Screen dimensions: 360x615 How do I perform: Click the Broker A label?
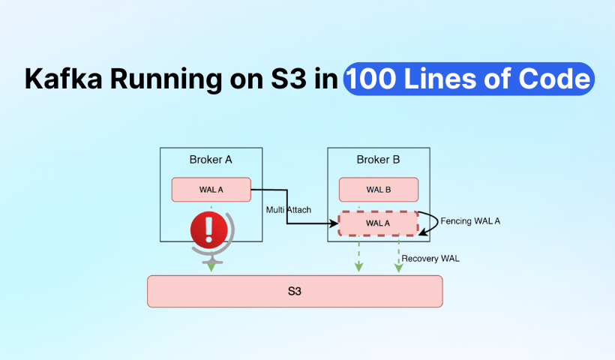click(211, 160)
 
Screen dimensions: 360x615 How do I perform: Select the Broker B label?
click(378, 160)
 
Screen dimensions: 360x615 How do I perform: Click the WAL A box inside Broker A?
click(211, 190)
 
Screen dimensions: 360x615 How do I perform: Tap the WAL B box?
click(378, 190)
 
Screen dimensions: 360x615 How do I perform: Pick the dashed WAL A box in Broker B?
click(378, 223)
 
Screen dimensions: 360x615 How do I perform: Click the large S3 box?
click(295, 291)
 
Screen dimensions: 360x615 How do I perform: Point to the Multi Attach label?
click(289, 209)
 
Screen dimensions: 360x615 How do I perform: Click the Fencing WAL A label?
click(470, 221)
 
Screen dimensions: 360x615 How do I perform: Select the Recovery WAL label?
click(430, 259)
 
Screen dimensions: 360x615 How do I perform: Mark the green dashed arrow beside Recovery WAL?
click(398, 255)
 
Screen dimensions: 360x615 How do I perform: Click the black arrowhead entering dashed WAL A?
click(334, 223)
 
